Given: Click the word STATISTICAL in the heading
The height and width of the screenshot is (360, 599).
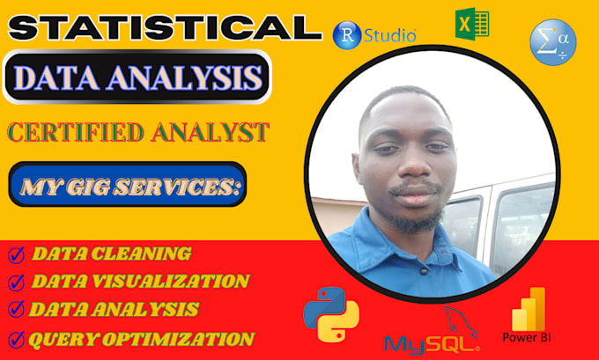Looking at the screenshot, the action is pyautogui.click(x=165, y=28).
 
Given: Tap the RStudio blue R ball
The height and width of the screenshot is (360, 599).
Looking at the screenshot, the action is pyautogui.click(x=347, y=35).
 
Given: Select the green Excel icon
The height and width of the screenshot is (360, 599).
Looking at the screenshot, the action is pyautogui.click(x=472, y=24).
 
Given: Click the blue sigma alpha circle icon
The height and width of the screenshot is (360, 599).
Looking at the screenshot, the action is pyautogui.click(x=553, y=42).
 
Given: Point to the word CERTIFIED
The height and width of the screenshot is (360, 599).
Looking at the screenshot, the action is pyautogui.click(x=76, y=132).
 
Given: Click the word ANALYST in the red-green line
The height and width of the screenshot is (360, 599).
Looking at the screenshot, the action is pyautogui.click(x=211, y=132).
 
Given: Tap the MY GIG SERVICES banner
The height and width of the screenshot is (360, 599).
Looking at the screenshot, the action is pyautogui.click(x=128, y=184).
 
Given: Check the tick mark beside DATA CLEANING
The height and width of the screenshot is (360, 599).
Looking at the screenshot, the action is pyautogui.click(x=16, y=255).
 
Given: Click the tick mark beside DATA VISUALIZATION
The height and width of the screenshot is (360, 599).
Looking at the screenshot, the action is pyautogui.click(x=16, y=283).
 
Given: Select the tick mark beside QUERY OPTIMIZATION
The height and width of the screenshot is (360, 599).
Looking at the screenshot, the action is pyautogui.click(x=16, y=340).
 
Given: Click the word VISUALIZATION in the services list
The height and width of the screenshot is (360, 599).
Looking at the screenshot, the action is pyautogui.click(x=166, y=282).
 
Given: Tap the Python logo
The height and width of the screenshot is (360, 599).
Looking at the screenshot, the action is pyautogui.click(x=331, y=314).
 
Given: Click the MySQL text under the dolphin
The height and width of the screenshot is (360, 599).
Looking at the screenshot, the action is pyautogui.click(x=432, y=344).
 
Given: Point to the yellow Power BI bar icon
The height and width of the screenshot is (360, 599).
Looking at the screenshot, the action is pyautogui.click(x=529, y=309).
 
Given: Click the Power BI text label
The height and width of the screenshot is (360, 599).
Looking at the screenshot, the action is pyautogui.click(x=527, y=337).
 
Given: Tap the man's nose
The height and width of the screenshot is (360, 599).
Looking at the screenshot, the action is pyautogui.click(x=412, y=165).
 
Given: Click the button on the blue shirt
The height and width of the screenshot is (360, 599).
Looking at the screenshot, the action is pyautogui.click(x=424, y=271).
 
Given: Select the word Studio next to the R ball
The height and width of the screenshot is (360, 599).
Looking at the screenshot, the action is pyautogui.click(x=389, y=35).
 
